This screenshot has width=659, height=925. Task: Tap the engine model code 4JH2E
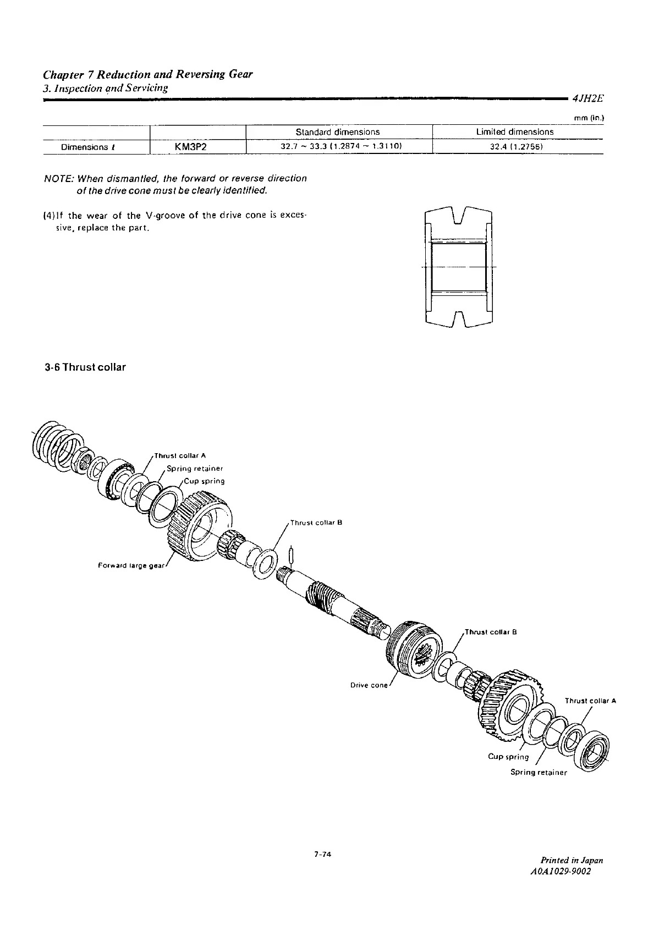tap(587, 100)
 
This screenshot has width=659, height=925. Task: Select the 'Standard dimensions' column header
tap(337, 132)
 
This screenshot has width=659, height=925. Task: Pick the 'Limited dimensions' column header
tap(514, 132)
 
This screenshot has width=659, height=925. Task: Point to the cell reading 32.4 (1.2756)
tap(514, 147)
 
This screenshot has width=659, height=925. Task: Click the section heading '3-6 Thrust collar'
tap(85, 367)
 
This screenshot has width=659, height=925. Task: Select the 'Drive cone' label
tap(369, 685)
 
